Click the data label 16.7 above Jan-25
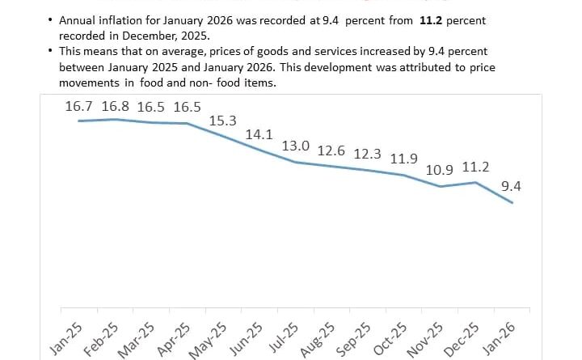(80, 106)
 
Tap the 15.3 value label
(222, 121)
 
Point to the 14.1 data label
(259, 134)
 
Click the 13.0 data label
(295, 146)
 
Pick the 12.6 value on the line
(331, 150)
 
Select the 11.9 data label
(404, 158)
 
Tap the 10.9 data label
(441, 170)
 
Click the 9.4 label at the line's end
(512, 186)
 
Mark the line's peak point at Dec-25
(476, 182)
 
